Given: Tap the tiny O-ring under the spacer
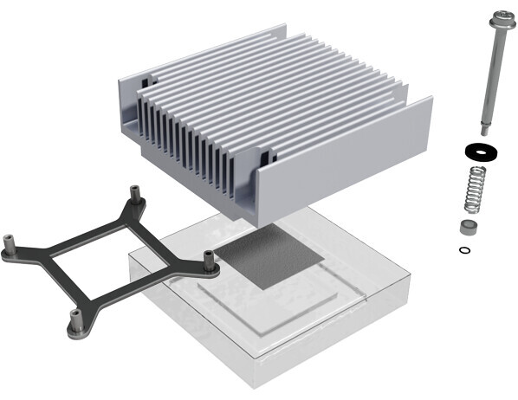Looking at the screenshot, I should pos(465,251).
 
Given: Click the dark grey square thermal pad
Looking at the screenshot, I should pos(269,258).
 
